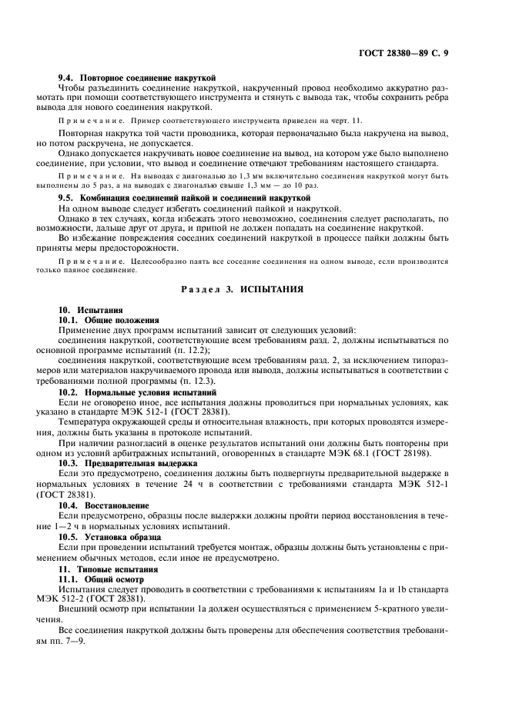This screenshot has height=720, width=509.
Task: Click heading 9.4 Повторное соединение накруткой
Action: (x=137, y=78)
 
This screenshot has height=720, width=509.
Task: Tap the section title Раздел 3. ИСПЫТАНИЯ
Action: (x=253, y=289)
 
